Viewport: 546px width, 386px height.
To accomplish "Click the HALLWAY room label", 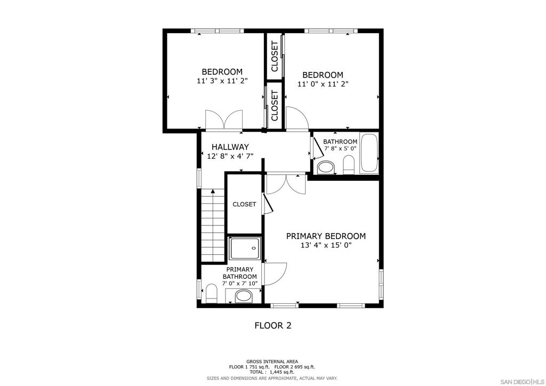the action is [230, 147].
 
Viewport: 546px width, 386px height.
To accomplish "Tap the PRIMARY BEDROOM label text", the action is [326, 236].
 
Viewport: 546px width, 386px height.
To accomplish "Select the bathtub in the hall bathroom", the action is [369, 153].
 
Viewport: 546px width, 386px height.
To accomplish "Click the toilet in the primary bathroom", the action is [211, 293].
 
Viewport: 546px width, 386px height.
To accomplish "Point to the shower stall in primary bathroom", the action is [244, 248].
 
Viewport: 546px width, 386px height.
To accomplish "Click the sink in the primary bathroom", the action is [243, 296].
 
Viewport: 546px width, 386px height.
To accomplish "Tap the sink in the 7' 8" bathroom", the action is [326, 167].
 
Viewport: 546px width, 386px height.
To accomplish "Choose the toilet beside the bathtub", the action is [349, 165].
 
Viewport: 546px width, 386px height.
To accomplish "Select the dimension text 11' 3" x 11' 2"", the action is [222, 81].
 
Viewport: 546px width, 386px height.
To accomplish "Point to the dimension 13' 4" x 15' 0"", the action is [326, 245].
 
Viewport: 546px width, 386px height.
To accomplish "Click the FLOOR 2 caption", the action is [273, 325].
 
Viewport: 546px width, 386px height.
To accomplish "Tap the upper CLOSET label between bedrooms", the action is [275, 57].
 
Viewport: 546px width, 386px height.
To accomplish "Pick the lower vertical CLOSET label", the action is [275, 106].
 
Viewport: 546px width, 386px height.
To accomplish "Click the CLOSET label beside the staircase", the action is [244, 204].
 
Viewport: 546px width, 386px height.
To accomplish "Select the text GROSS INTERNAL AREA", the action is [272, 361].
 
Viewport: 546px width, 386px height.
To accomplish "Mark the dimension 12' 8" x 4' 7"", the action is [230, 156].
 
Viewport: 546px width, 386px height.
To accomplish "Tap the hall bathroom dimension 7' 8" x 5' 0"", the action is [340, 148].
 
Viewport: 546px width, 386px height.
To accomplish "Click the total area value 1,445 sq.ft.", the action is [282, 372].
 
